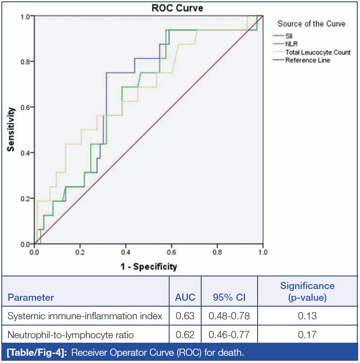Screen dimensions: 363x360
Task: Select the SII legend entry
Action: [x=289, y=36]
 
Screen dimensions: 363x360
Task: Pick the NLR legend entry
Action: [x=291, y=44]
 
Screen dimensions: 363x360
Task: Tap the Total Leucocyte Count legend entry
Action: [x=318, y=52]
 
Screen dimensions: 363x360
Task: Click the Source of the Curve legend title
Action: [x=311, y=24]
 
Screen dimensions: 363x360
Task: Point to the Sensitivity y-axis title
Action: [x=11, y=129]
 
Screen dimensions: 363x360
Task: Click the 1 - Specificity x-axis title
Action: [x=148, y=267]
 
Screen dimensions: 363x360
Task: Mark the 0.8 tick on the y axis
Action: [x=25, y=62]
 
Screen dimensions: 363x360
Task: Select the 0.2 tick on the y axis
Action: [x=25, y=199]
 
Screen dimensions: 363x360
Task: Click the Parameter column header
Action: [x=31, y=298]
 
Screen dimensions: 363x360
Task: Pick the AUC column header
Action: [x=185, y=298]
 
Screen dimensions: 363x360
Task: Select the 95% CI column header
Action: [x=229, y=298]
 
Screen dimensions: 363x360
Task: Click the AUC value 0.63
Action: [x=185, y=316]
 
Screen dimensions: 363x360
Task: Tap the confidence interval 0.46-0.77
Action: [x=229, y=335]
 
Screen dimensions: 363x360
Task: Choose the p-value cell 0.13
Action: [x=307, y=316]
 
